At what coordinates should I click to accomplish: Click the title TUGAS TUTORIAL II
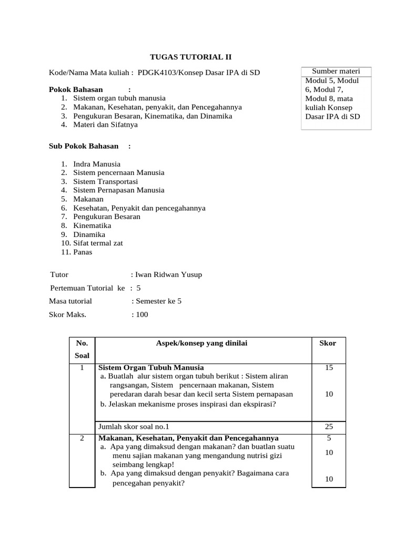(x=191, y=57)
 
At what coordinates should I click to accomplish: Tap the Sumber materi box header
(x=336, y=71)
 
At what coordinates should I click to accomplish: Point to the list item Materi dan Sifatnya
(x=105, y=125)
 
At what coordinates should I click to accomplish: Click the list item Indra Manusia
(x=97, y=164)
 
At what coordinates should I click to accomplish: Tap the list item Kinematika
(x=92, y=225)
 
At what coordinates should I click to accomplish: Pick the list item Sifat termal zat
(x=98, y=243)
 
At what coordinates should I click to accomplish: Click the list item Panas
(x=83, y=252)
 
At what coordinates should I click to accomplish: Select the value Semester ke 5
(x=158, y=301)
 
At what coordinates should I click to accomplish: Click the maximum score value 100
(x=142, y=315)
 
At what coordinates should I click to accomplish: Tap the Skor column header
(x=328, y=343)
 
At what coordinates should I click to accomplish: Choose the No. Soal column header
(x=82, y=349)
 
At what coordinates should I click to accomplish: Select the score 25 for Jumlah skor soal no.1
(x=329, y=427)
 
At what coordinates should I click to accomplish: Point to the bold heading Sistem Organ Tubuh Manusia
(x=151, y=367)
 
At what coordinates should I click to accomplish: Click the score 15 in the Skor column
(x=329, y=368)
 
